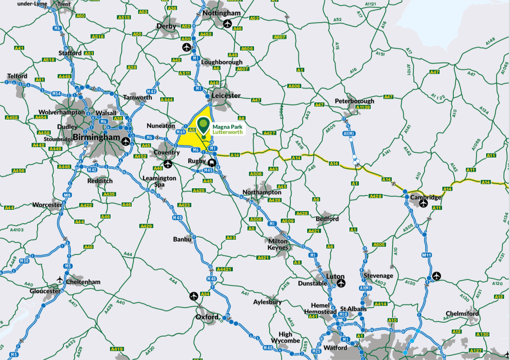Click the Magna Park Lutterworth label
[x=227, y=129]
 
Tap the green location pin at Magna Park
[x=204, y=125]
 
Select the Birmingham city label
[x=96, y=138]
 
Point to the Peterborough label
[x=355, y=101]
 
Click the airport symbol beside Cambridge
[x=423, y=204]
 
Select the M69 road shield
[x=181, y=132]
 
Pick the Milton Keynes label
[x=278, y=244]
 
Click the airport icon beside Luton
[x=341, y=283]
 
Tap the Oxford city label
[x=207, y=317]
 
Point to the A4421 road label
[x=224, y=269]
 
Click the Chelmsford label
[x=462, y=314]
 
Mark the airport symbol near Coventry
[x=168, y=163]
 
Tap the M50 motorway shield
[x=25, y=261]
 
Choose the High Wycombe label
[x=285, y=338]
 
